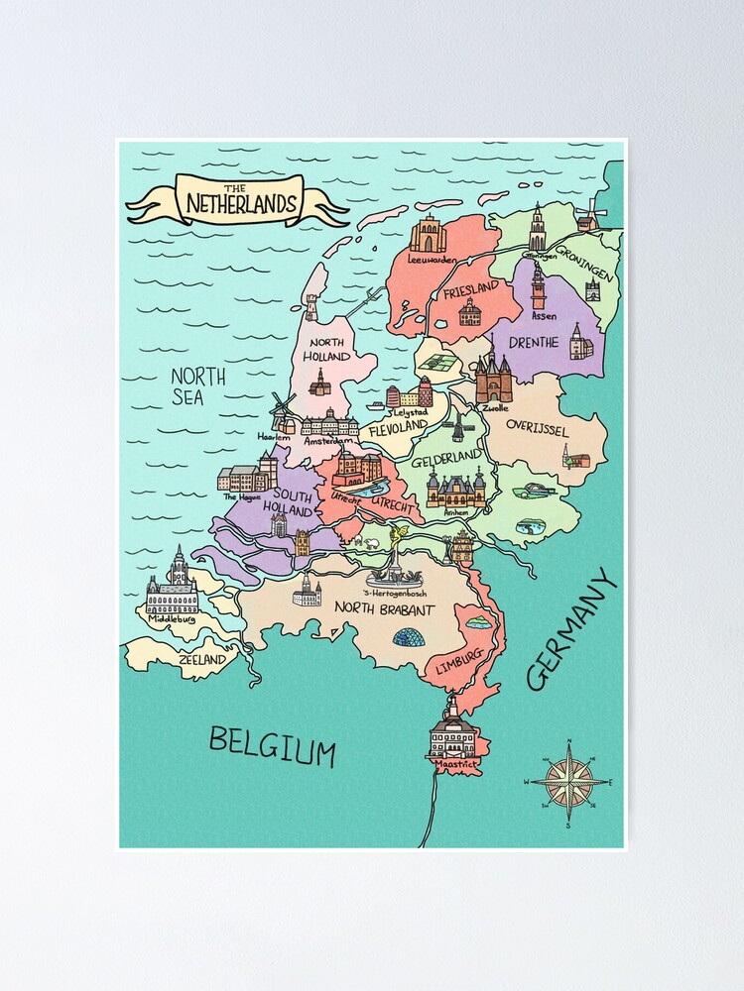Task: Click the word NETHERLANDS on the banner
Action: pos(241,204)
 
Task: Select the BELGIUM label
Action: pos(272,744)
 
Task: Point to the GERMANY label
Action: pos(572,630)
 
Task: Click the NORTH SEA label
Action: pos(197,386)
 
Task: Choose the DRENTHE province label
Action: pos(536,343)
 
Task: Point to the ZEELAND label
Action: pos(201,658)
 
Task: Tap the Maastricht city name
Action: pos(451,765)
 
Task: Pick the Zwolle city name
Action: pos(494,406)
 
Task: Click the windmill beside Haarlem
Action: pos(283,410)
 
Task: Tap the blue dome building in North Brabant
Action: pos(409,636)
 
